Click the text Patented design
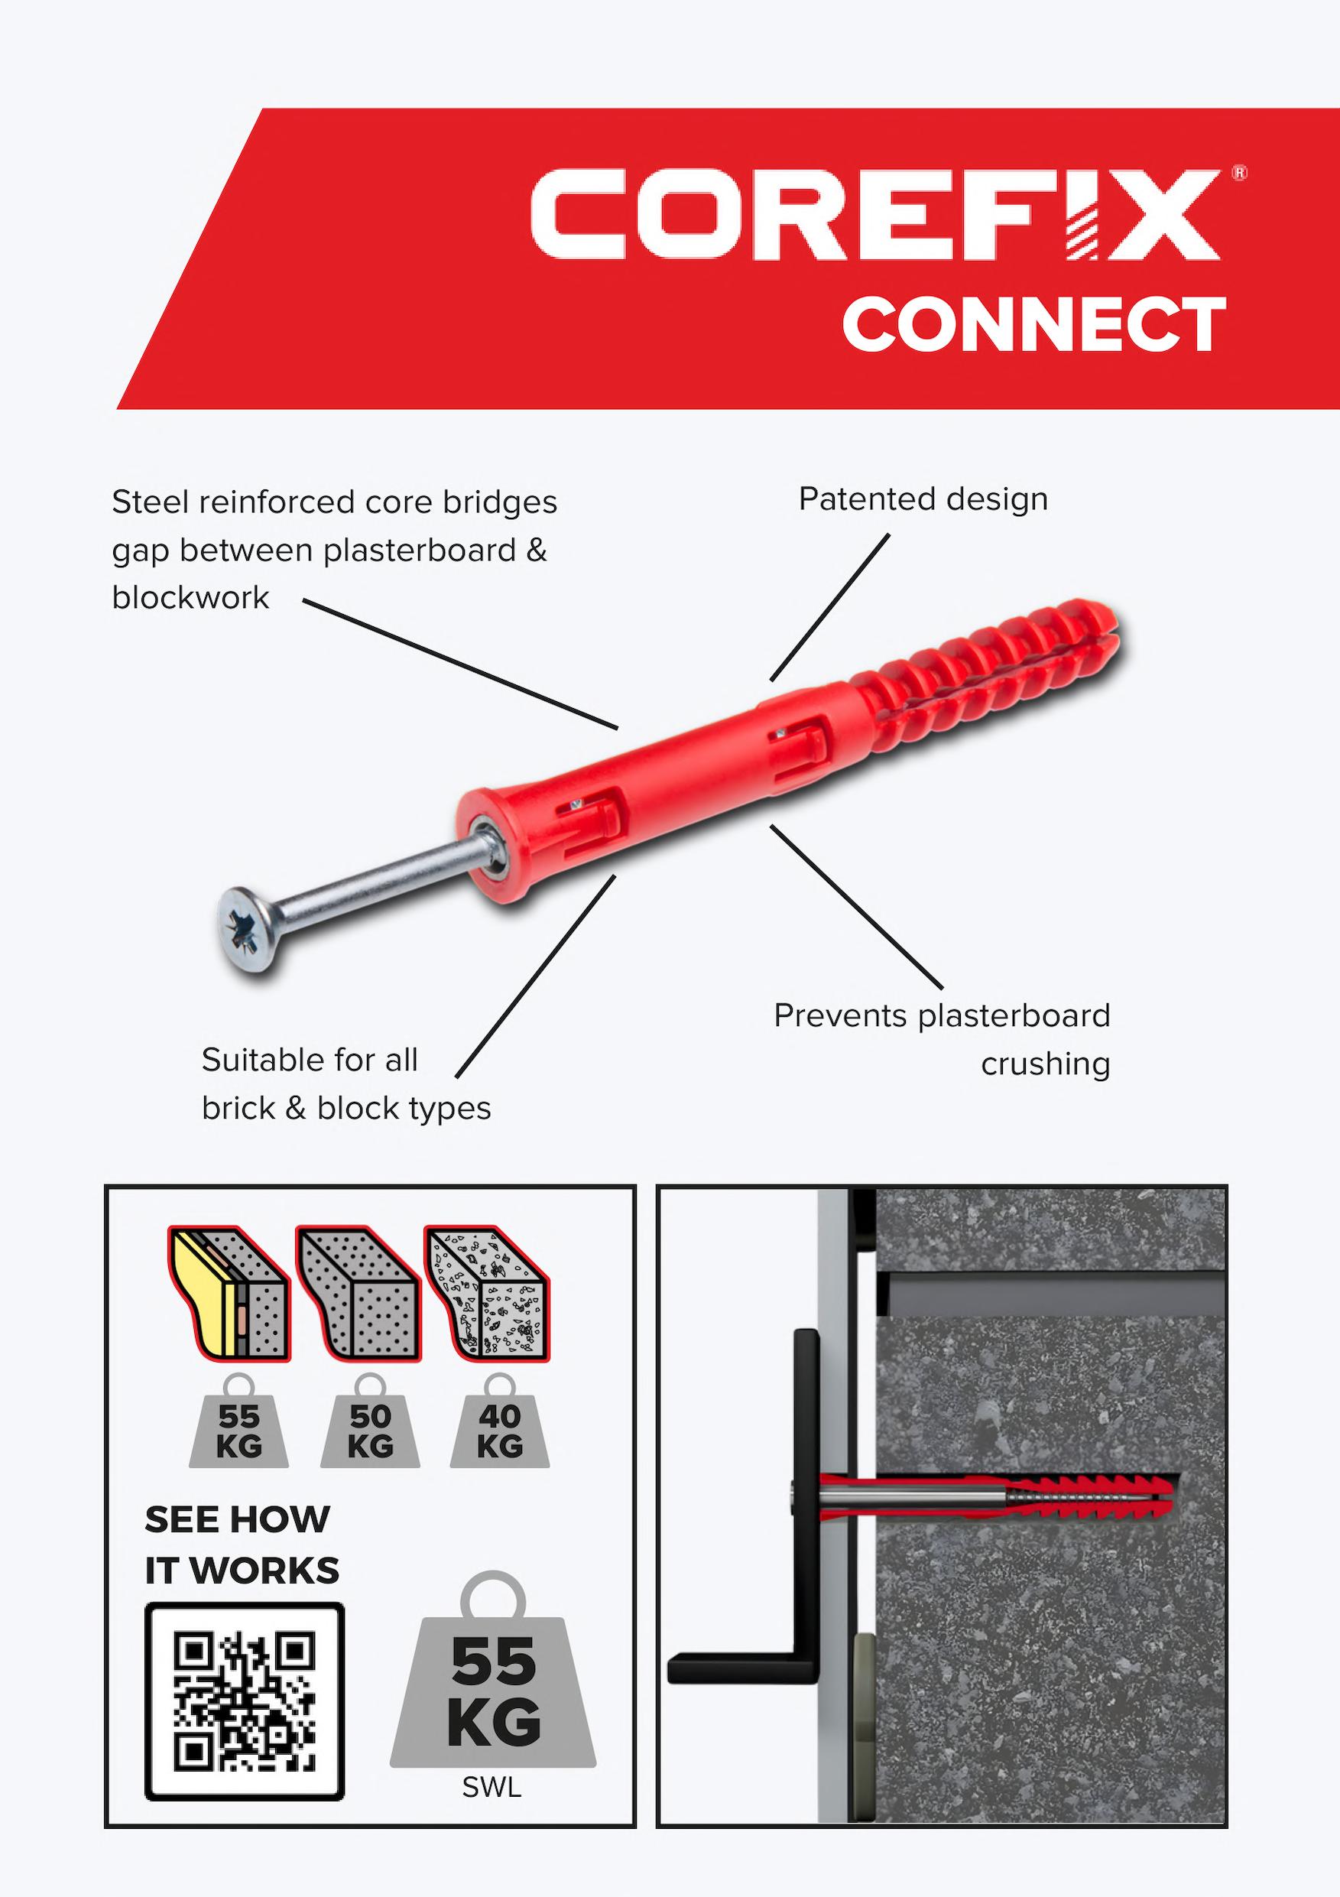click(x=923, y=499)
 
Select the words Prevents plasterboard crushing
click(x=942, y=1039)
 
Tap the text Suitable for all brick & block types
click(x=346, y=1084)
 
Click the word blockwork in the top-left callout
click(x=191, y=597)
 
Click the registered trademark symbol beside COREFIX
click(x=1239, y=173)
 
